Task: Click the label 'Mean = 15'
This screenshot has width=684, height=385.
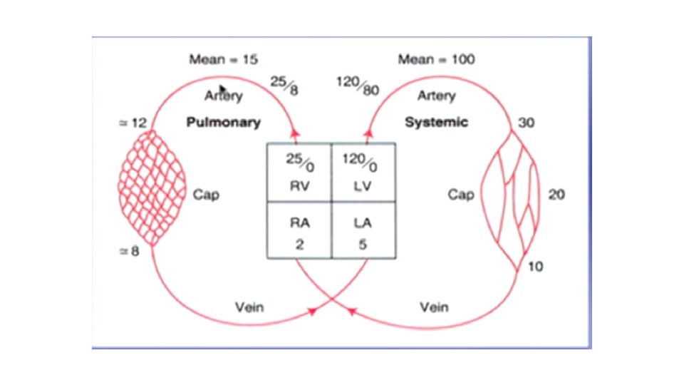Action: (x=223, y=60)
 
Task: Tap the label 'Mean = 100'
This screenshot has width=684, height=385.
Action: (x=436, y=60)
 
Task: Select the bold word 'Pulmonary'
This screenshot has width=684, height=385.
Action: (x=223, y=122)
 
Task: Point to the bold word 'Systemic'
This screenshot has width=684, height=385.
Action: (x=436, y=122)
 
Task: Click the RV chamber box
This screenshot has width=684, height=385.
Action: (x=299, y=172)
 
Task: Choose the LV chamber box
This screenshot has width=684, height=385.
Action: (x=363, y=172)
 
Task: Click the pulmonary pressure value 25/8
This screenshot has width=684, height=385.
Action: (x=284, y=86)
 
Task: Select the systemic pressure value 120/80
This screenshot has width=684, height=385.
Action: (x=357, y=86)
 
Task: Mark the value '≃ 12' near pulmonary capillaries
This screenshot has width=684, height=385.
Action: (x=132, y=123)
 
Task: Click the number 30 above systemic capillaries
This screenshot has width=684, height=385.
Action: (x=527, y=123)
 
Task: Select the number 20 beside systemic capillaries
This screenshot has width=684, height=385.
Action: (x=556, y=194)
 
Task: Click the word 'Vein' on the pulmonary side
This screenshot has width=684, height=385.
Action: (x=249, y=307)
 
